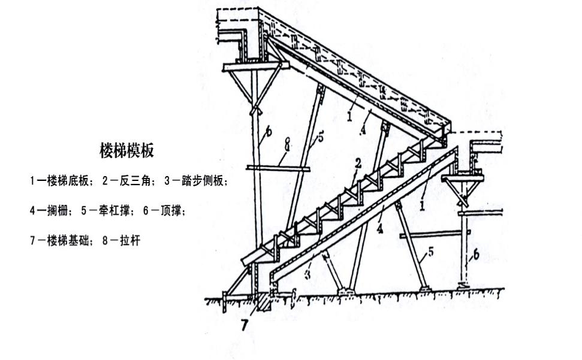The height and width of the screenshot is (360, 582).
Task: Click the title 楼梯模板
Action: tap(126, 150)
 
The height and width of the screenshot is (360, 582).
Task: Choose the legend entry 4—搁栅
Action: tap(50, 211)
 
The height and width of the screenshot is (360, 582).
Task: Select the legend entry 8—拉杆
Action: tap(122, 241)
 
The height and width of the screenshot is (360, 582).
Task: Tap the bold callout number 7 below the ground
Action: tap(245, 326)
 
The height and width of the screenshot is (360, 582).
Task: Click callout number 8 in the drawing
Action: tap(287, 144)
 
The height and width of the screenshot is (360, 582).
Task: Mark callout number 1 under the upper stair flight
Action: tap(349, 115)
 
